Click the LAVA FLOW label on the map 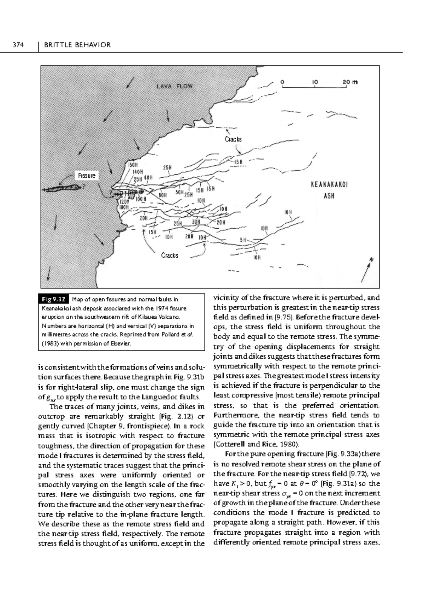coord(175,86)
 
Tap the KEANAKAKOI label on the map coord(329,185)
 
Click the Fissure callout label coord(87,175)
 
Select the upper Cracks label coord(233,139)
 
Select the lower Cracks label coord(170,255)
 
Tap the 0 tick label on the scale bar coord(282,82)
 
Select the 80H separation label coord(162,195)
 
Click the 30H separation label coord(196,222)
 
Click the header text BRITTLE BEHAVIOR coord(77,45)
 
